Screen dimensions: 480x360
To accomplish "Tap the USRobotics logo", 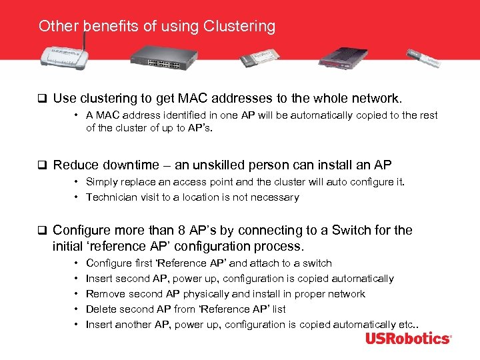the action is (407, 339).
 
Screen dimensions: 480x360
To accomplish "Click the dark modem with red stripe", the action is (344, 57).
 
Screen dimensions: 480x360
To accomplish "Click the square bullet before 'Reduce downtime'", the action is (42, 165).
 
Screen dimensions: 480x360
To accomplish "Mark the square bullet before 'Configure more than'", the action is (42, 231).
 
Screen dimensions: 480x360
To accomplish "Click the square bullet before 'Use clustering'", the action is (42, 99).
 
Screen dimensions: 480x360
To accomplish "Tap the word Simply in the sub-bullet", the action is (104, 182).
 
